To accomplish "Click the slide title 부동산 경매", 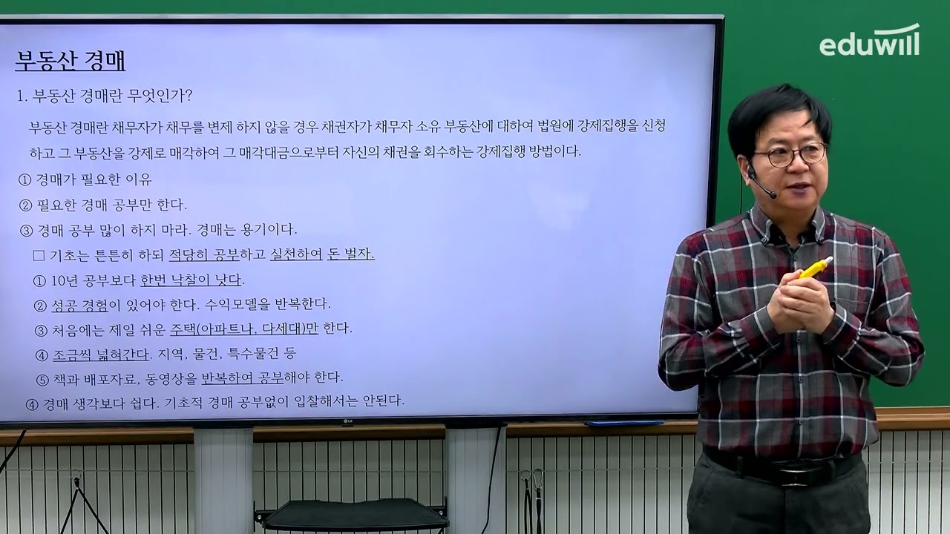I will click(70, 60).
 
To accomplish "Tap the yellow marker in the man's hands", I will click(814, 268).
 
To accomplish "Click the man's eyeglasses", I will click(790, 156).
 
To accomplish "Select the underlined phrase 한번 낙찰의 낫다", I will click(191, 280).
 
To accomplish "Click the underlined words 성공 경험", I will click(80, 304).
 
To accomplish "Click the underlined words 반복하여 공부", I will click(243, 378).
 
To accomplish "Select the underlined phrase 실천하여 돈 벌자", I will click(322, 254).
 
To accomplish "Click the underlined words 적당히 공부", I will click(204, 254).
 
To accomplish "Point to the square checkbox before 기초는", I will click(39, 255).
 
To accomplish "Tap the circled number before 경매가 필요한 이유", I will click(24, 179).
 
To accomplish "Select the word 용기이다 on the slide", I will click(272, 229).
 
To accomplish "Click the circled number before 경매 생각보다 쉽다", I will click(31, 404).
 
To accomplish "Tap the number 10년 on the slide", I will click(65, 281).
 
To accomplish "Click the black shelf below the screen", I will click(353, 512).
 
